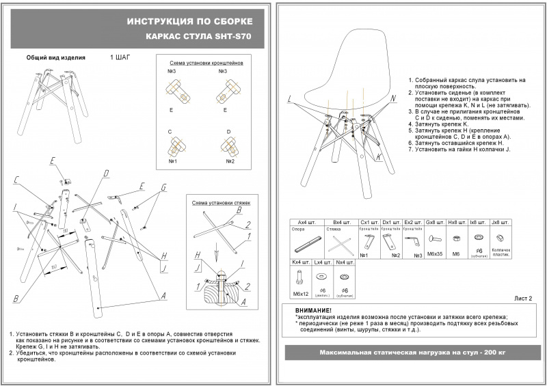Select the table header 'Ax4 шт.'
(302, 223)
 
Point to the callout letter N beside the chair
(393, 98)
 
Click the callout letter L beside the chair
(290, 100)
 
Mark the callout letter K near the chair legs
(377, 157)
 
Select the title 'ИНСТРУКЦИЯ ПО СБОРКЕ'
(194, 22)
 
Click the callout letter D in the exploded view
(106, 174)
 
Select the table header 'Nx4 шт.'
(345, 262)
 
